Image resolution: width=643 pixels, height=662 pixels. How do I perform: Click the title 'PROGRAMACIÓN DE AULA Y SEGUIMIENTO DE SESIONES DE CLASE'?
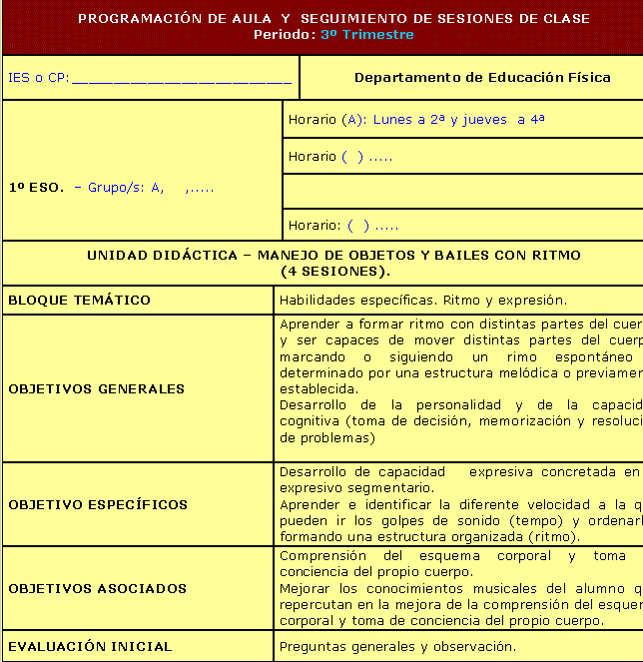pyautogui.click(x=333, y=18)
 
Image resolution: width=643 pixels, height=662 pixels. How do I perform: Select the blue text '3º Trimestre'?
pyautogui.click(x=367, y=35)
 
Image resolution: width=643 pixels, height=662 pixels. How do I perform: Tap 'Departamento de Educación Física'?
pyautogui.click(x=482, y=77)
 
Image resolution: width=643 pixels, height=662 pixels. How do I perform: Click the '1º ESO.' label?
pyautogui.click(x=36, y=188)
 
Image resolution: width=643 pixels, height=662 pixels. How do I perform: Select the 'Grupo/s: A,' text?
pyautogui.click(x=126, y=188)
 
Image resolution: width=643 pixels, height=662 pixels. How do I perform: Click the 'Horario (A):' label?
pyautogui.click(x=327, y=120)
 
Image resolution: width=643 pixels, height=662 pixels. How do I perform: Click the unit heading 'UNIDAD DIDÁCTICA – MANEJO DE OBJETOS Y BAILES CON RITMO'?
pyautogui.click(x=333, y=256)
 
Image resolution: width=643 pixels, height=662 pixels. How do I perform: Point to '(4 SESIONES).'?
pyautogui.click(x=334, y=271)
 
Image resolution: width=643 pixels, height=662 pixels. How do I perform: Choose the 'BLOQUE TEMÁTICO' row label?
pyautogui.click(x=79, y=300)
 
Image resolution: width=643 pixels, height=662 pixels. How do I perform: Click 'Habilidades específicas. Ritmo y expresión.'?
pyautogui.click(x=423, y=300)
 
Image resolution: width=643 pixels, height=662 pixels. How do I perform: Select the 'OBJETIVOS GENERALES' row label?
pyautogui.click(x=97, y=388)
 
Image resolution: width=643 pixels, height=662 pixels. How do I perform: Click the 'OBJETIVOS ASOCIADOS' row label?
pyautogui.click(x=98, y=588)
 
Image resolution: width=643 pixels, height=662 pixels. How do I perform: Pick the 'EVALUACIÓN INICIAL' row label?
pyautogui.click(x=90, y=646)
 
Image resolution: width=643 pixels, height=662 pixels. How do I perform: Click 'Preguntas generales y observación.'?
pyautogui.click(x=397, y=646)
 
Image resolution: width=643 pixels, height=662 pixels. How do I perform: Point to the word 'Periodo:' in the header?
pyautogui.click(x=285, y=35)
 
